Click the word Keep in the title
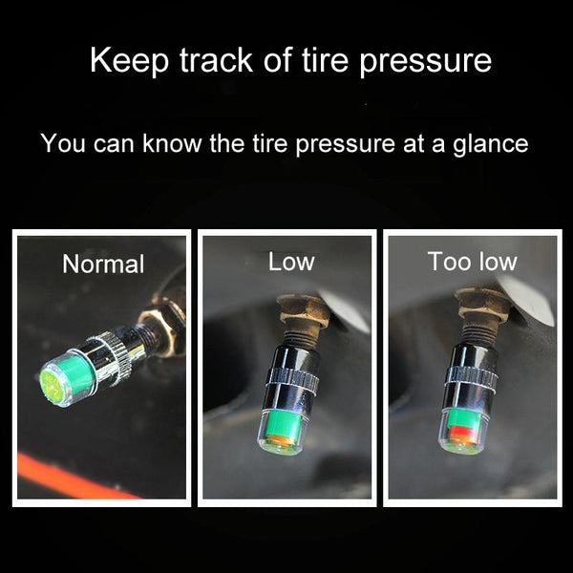129,61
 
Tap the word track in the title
216,60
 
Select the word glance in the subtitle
491,143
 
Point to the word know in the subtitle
172,142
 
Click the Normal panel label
103,264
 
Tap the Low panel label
291,262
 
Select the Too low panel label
472,262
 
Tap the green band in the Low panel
284,422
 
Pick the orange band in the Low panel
282,437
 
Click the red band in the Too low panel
462,432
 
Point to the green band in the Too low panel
463,417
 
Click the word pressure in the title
425,61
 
